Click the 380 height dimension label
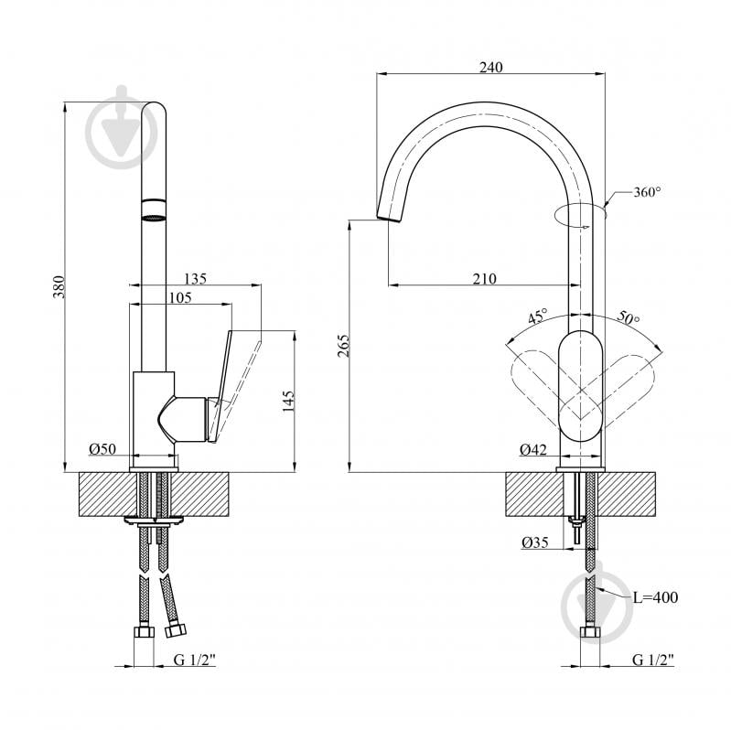tap(59, 286)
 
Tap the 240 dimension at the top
tap(491, 67)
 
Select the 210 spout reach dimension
tap(485, 278)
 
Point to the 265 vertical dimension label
tap(343, 346)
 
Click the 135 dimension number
tap(195, 278)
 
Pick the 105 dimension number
tap(180, 297)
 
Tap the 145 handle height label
tap(288, 401)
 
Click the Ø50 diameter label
tap(102, 448)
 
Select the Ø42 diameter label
tap(533, 449)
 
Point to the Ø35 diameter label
tap(535, 542)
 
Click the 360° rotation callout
tap(647, 192)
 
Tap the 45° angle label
tap(538, 317)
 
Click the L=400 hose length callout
tap(655, 596)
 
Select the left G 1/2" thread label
tap(195, 660)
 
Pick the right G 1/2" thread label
tap(652, 660)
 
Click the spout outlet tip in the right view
tap(388, 219)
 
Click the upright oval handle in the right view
tap(580, 386)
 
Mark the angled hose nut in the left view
tap(176, 628)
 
